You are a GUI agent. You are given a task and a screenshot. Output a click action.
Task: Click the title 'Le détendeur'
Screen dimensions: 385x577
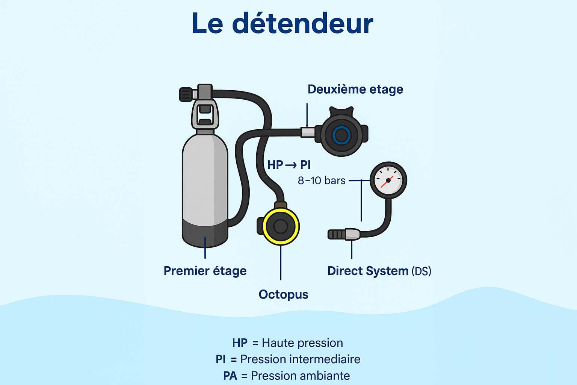pos(282,23)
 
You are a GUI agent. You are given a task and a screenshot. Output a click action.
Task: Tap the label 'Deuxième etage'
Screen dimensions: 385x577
pos(355,89)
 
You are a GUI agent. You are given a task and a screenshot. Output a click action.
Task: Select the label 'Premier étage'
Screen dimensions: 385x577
pos(205,271)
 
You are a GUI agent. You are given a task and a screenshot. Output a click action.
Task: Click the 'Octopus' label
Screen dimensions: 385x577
pos(283,294)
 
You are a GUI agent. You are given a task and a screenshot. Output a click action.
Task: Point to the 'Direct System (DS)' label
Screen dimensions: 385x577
pos(379,271)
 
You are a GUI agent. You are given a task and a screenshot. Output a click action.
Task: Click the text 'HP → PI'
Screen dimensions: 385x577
pos(288,165)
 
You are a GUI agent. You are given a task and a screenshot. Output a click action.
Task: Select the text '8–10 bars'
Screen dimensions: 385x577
pos(321,180)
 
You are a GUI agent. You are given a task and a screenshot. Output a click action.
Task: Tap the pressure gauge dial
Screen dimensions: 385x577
pos(388,180)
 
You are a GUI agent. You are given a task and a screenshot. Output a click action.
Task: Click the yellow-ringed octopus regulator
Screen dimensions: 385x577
pos(281,226)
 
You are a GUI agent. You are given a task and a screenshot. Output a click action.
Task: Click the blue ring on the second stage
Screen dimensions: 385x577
pos(341,135)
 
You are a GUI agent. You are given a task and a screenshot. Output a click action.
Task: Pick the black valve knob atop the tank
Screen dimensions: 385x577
pos(186,94)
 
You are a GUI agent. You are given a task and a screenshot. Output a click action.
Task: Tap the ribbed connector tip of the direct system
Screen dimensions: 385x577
pos(336,235)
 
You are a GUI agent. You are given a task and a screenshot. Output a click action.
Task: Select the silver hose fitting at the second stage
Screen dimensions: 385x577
pos(307,132)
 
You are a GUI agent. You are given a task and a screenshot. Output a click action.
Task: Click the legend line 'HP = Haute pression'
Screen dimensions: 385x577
pos(287,343)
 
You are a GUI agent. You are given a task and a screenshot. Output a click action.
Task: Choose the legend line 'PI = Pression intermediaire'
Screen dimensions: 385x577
pos(288,359)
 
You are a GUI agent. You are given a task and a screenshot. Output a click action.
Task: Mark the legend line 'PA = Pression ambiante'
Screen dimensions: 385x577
pos(286,375)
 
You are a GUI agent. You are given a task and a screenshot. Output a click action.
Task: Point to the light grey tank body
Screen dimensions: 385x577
pos(205,177)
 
